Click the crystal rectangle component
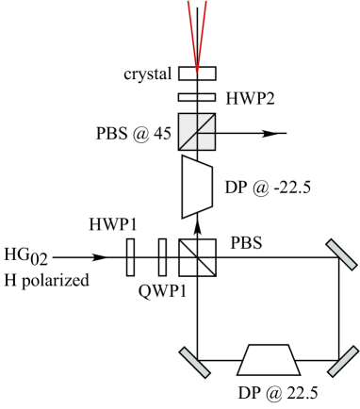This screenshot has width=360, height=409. (x=197, y=74)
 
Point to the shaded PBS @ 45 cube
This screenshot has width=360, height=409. (x=197, y=133)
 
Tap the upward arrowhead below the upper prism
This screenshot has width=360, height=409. (x=197, y=226)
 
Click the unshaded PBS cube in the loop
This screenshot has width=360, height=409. (x=197, y=255)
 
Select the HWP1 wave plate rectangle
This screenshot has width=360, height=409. (x=130, y=255)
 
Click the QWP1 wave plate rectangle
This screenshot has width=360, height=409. (x=163, y=255)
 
